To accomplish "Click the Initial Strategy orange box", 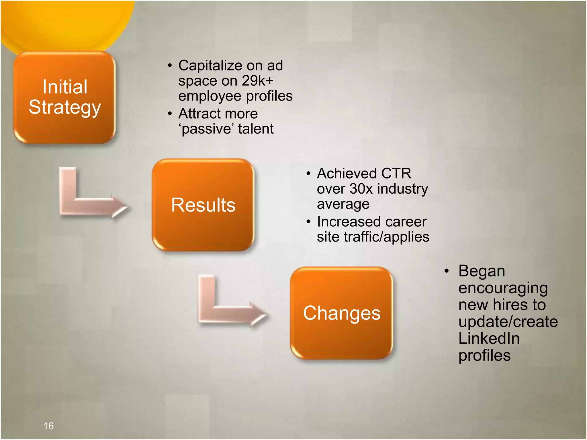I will [x=64, y=97].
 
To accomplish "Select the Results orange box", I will [x=203, y=205].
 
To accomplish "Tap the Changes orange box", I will [x=341, y=313].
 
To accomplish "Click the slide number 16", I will [x=48, y=426].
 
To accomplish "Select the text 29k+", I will [x=257, y=81].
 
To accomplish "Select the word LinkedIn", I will [x=489, y=338].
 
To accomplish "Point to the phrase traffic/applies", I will [x=386, y=237].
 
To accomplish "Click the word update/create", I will [x=508, y=322].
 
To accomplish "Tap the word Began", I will [x=482, y=271].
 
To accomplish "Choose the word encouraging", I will [x=503, y=288].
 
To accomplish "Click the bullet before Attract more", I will [x=170, y=114].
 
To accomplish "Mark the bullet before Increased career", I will [x=308, y=222].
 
